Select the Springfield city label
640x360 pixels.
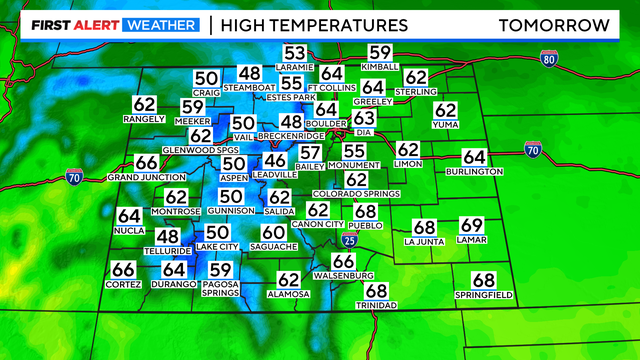pyautogui.click(x=483, y=295)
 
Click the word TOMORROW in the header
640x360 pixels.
pyautogui.click(x=553, y=24)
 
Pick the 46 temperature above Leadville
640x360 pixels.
pyautogui.click(x=275, y=161)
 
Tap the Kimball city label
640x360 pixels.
pyautogui.click(x=381, y=67)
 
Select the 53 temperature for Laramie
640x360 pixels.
pyautogui.click(x=295, y=54)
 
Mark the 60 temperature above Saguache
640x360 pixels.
pyautogui.click(x=274, y=232)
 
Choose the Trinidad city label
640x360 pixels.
pyautogui.click(x=376, y=305)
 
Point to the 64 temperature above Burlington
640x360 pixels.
pyautogui.click(x=474, y=157)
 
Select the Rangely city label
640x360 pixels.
pyautogui.click(x=144, y=119)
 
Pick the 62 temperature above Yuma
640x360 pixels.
pyautogui.click(x=446, y=110)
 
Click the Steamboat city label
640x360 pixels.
pyautogui.click(x=249, y=87)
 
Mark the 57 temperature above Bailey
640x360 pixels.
pyautogui.click(x=311, y=153)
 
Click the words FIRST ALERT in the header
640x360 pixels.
pyautogui.click(x=71, y=24)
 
